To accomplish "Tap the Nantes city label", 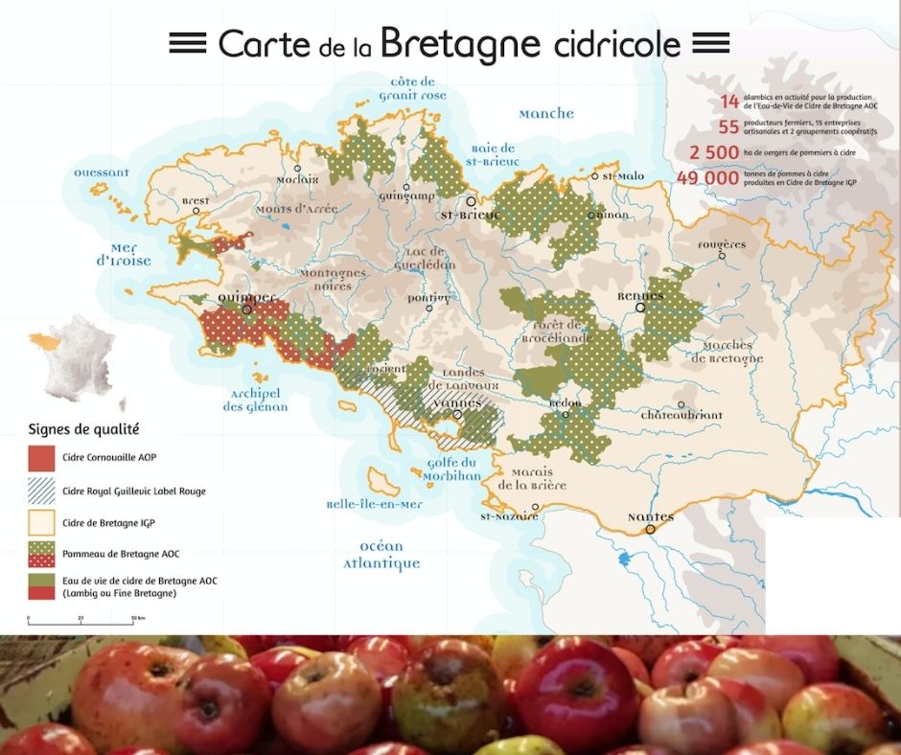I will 650,517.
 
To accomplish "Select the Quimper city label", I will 246,297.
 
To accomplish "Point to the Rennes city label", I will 640,297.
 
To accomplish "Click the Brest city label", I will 195,201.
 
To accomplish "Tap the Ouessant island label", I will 102,173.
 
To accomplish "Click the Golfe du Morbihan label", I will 450,469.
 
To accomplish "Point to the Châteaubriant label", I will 682,416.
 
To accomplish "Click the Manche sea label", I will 546,114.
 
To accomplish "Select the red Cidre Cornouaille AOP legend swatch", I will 40,457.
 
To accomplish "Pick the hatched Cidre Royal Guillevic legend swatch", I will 40,491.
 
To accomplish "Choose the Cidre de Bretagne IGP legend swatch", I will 40,522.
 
